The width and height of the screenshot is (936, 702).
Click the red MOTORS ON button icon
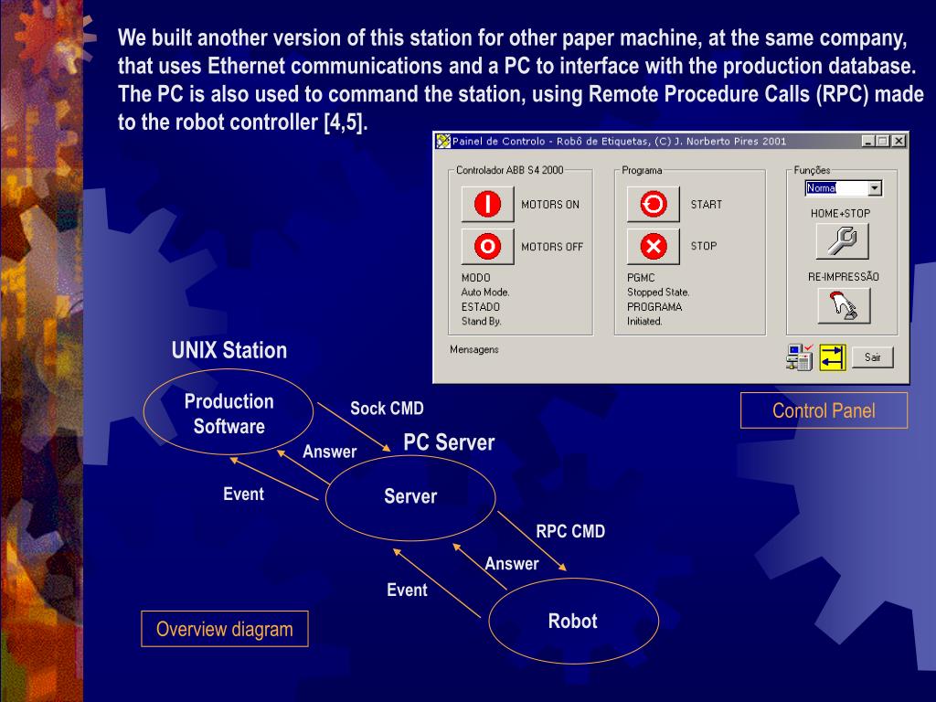point(487,205)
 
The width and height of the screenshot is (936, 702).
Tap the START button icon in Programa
point(653,205)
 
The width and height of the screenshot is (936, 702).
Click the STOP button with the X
point(653,247)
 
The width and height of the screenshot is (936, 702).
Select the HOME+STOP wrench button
point(842,240)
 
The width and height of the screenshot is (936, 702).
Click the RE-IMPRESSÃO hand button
point(842,305)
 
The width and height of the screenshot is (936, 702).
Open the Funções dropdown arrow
point(875,188)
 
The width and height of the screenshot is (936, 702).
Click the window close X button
point(899,141)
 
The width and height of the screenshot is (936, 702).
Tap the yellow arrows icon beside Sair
point(833,357)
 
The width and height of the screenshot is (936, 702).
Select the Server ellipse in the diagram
point(410,497)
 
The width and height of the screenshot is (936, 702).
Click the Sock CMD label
point(387,409)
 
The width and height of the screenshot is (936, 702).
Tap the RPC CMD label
point(570,531)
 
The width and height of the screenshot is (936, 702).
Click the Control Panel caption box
point(824,410)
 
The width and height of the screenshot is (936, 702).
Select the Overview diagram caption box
point(225,629)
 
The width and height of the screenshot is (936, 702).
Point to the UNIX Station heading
point(229,350)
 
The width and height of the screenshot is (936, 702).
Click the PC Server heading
point(449,442)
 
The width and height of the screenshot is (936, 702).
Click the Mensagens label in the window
point(474,349)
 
